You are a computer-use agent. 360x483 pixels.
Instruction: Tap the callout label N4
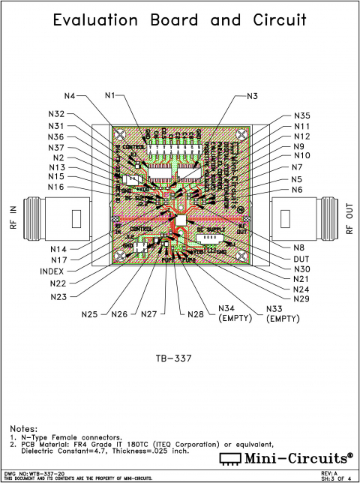point(70,96)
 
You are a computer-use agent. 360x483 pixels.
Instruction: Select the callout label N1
point(110,96)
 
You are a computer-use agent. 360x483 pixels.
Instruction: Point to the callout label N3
point(252,96)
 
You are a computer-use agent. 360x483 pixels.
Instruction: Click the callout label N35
point(301,116)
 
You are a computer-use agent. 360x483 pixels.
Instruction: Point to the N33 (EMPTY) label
point(283,313)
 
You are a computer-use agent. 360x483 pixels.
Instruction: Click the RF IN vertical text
point(13,219)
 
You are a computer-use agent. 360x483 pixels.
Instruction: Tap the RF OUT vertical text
point(349,219)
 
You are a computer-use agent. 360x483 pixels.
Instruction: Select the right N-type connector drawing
point(304,219)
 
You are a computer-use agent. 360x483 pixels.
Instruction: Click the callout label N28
point(196,313)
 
